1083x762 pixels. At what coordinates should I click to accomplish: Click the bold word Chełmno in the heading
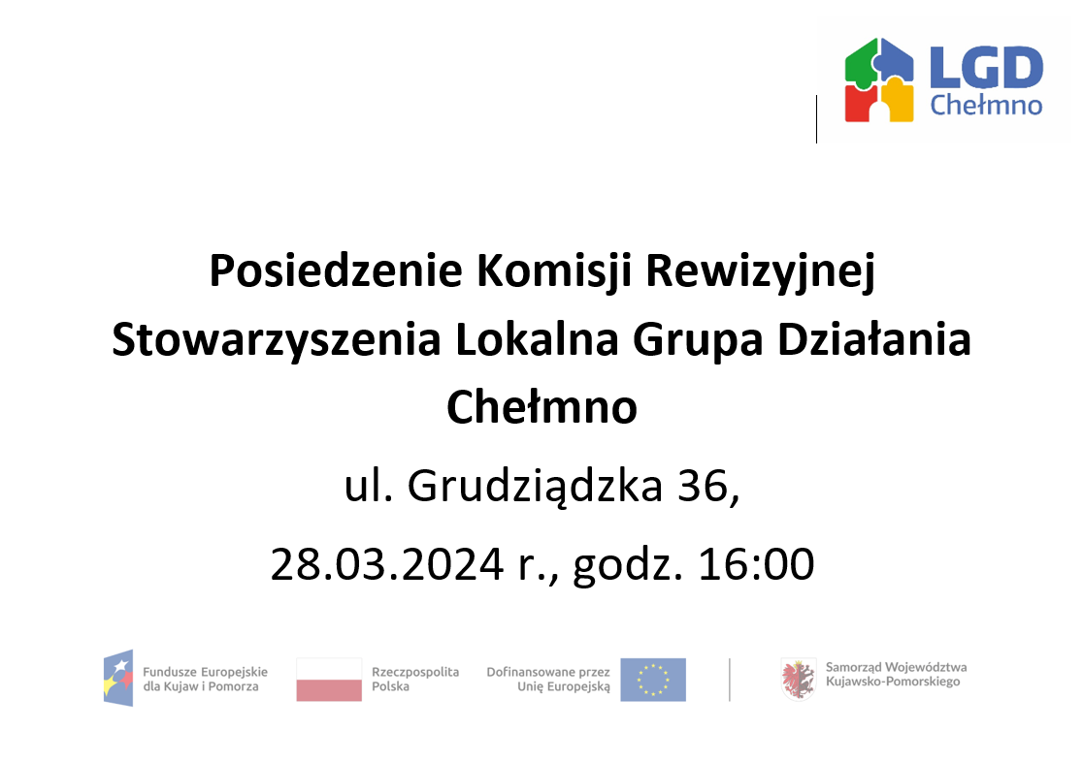(541, 407)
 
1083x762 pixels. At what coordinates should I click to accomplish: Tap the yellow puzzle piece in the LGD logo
(898, 103)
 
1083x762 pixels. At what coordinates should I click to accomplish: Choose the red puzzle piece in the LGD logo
(861, 103)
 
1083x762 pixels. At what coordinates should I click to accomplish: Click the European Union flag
(653, 680)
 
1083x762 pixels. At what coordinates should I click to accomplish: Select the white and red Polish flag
(329, 679)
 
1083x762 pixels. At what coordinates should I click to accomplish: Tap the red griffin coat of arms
(798, 679)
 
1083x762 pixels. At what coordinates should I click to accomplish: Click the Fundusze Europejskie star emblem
(118, 678)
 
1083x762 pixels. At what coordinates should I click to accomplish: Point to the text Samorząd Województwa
(896, 667)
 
